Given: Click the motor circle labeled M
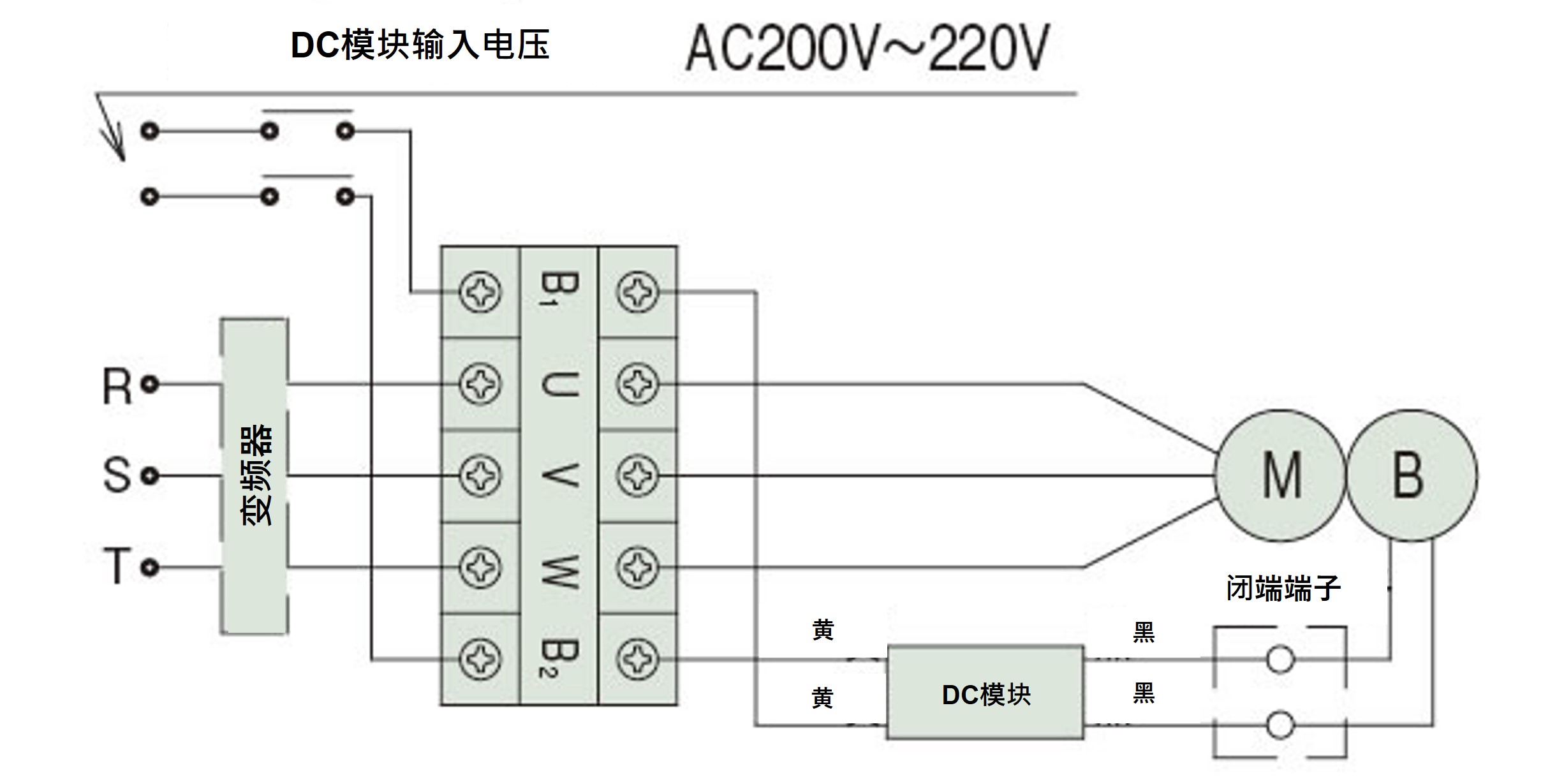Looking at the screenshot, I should [x=1281, y=476].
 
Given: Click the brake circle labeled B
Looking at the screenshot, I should [x=1412, y=476].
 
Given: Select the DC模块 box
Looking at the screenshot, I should [x=985, y=693].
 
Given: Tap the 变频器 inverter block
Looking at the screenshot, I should [x=255, y=476].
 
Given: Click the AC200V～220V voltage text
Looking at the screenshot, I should [x=867, y=48].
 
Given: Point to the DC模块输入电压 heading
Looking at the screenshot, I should [x=420, y=45].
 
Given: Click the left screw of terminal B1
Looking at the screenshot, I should [x=480, y=293].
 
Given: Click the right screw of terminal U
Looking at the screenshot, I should [x=637, y=384].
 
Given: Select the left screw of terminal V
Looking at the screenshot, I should [x=480, y=476].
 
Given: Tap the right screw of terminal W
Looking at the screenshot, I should [x=637, y=567].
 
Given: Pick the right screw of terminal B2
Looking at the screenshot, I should [x=637, y=658].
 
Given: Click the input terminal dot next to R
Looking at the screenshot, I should [x=150, y=384].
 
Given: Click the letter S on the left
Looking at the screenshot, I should [x=117, y=476].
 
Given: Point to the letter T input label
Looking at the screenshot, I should [x=117, y=566].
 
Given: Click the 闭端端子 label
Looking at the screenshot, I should [x=1283, y=588].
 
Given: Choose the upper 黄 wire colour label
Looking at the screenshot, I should [x=823, y=630].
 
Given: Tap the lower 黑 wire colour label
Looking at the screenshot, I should [x=1143, y=693].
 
